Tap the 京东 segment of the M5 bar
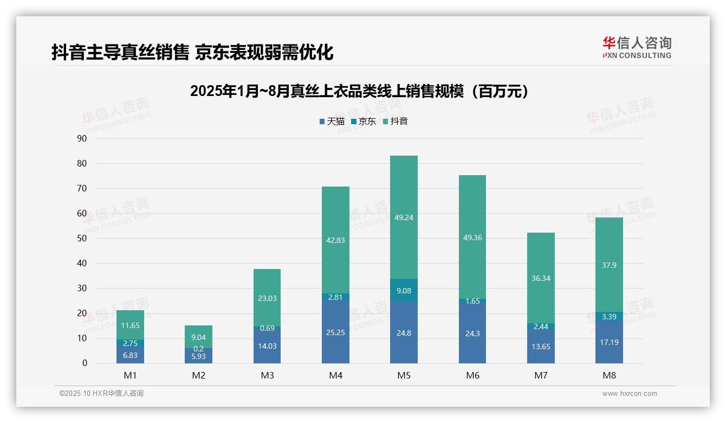click(x=404, y=290)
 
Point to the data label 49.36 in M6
click(x=472, y=238)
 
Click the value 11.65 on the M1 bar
click(x=130, y=326)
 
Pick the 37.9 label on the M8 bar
click(x=609, y=265)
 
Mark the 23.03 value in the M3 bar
click(x=267, y=298)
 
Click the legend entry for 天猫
click(x=332, y=121)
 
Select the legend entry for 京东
click(x=363, y=121)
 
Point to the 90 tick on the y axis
click(x=82, y=138)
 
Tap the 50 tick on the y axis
click(x=82, y=238)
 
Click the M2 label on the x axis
click(x=198, y=375)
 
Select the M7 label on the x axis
click(x=541, y=375)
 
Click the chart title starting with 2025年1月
click(x=359, y=91)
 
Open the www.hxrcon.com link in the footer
click(x=630, y=394)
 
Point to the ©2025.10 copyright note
click(x=101, y=394)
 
